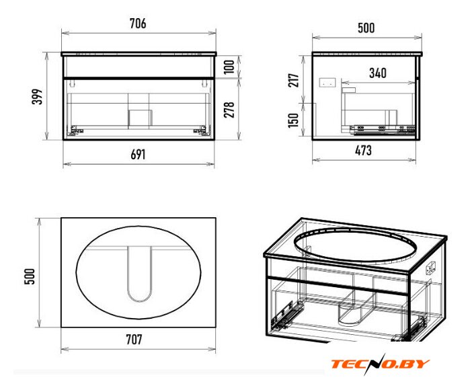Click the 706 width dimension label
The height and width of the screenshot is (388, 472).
tap(138, 24)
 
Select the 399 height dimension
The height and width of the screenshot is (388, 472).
tap(38, 97)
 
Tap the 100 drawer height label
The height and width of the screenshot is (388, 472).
tap(229, 67)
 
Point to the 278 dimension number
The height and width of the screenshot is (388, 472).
tap(229, 110)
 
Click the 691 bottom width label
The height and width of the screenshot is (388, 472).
tap(138, 155)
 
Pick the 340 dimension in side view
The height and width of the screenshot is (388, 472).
tap(378, 73)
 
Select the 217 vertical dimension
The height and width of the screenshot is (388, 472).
tap(294, 80)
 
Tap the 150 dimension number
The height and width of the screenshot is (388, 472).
tap(293, 120)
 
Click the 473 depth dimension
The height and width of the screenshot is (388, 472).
tap(363, 151)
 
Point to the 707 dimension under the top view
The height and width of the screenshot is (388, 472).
tap(134, 340)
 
